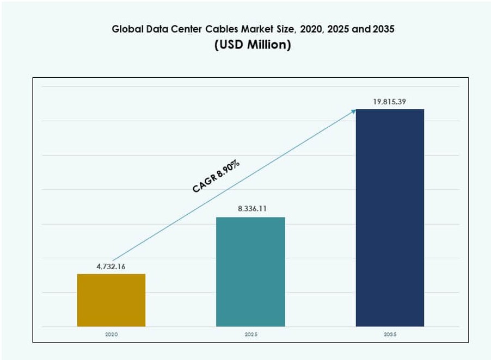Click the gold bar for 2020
click(x=111, y=300)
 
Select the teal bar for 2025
click(x=250, y=272)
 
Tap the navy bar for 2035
click(x=390, y=218)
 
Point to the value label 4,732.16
click(x=111, y=266)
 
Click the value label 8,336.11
click(x=250, y=209)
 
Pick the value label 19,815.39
click(x=390, y=101)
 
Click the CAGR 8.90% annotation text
click(x=217, y=177)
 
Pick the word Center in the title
click(x=200, y=30)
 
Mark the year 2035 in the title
click(x=384, y=30)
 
